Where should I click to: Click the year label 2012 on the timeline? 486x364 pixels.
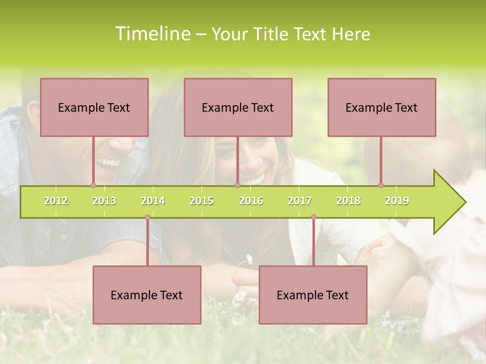56,201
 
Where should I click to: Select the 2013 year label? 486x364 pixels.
104,201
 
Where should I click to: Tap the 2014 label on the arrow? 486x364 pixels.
153,201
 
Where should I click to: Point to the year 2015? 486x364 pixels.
201,201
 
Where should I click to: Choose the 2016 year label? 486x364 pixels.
251,201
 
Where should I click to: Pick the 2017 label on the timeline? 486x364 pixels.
300,201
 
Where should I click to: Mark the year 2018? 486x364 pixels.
348,201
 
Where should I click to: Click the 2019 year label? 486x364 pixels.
397,201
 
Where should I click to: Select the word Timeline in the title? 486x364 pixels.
153,34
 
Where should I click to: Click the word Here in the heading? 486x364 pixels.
351,34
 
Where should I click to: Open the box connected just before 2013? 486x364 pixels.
94,107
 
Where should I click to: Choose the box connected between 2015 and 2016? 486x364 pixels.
238,107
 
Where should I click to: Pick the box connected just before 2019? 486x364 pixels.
382,107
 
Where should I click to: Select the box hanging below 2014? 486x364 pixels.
147,295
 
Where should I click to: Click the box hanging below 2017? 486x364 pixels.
313,295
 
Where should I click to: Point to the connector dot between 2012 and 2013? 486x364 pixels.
93,185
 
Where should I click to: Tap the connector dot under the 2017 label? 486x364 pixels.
313,217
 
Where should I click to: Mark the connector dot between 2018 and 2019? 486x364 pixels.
381,185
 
